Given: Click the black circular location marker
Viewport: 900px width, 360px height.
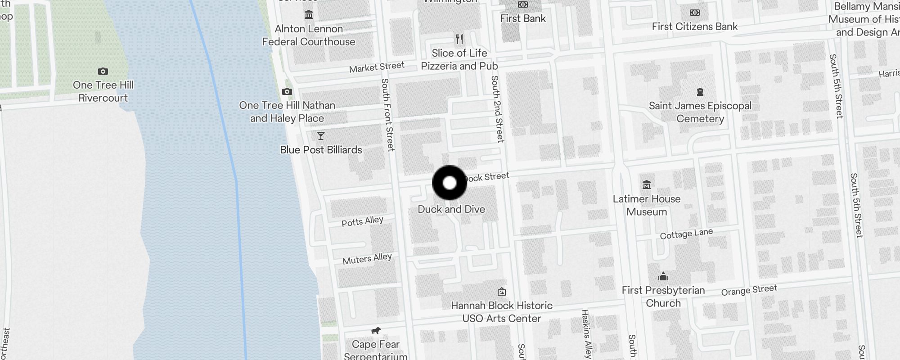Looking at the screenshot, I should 450,183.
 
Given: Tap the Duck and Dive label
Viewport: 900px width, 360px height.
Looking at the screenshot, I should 451,209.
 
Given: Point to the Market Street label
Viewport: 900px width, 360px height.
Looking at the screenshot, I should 377,67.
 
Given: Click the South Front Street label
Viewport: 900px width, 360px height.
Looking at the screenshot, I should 387,115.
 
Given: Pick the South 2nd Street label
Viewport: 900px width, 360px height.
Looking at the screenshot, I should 497,109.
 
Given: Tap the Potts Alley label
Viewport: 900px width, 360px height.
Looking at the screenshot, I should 362,221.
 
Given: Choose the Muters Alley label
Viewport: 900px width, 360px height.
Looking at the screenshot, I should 367,259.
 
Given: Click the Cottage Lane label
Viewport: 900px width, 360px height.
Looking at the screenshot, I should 686,234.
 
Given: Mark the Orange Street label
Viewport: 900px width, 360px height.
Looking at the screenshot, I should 749,290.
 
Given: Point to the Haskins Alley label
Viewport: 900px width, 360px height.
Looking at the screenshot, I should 586,333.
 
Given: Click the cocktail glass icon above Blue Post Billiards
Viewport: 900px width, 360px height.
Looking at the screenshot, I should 321,136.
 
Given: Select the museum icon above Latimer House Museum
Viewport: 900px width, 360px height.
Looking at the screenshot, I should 647,184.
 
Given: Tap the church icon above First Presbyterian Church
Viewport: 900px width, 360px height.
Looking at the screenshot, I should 663,276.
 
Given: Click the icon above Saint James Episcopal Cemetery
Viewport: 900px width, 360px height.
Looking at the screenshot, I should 700,92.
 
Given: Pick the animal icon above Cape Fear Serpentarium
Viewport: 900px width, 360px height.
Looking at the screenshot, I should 376,331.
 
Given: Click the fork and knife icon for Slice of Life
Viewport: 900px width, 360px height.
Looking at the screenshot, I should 459,39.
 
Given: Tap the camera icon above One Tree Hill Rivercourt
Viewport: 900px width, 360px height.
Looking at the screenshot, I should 103,71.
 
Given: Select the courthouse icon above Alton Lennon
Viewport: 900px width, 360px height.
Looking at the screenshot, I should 309,15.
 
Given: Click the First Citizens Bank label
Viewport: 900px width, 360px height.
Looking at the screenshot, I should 694,27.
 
